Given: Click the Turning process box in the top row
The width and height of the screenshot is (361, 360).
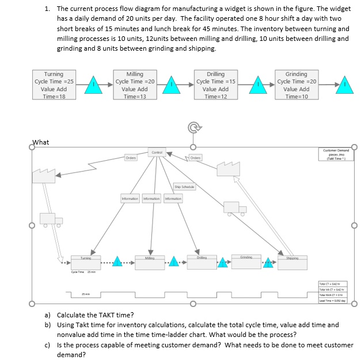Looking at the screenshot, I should point(55,85).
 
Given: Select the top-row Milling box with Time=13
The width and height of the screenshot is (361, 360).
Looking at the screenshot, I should point(135,85).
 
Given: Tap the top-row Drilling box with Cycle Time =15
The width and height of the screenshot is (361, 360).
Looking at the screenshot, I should point(215,85).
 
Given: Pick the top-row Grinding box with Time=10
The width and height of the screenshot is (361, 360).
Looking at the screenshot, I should point(296,85).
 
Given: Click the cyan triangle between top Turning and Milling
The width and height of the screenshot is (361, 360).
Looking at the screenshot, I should point(94,85).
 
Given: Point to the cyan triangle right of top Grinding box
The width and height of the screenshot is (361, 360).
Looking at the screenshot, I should point(344,85).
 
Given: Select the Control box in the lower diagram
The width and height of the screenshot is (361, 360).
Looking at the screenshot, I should point(156,152).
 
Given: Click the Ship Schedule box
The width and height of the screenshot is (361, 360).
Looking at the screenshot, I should point(184,186).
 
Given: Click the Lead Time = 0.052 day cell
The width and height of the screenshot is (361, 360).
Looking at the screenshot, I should point(333,301).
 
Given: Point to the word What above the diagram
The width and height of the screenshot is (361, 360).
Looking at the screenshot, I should point(41,142).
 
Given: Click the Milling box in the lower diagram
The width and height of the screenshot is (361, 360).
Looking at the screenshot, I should point(151,259).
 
